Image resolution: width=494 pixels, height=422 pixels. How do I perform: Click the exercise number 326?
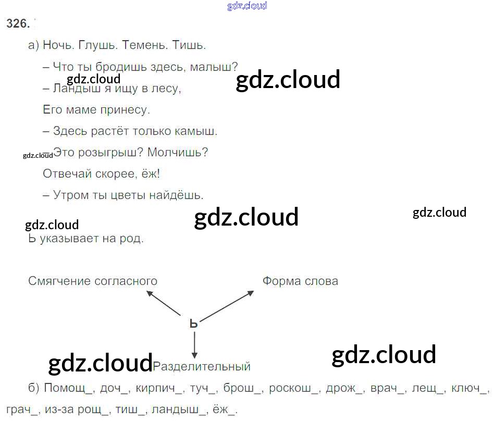coord(18,23)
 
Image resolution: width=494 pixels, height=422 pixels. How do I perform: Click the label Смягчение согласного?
coord(93,281)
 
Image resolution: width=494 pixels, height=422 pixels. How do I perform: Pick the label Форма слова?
coord(300,281)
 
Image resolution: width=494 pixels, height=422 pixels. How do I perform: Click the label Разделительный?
coord(202,367)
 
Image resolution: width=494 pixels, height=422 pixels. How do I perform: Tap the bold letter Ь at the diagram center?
coord(194,324)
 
